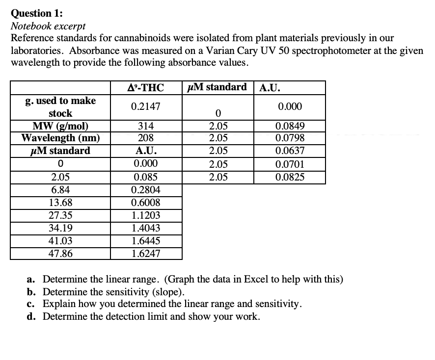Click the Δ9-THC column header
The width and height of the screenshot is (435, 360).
point(145,88)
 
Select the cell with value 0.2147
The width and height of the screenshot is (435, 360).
point(145,106)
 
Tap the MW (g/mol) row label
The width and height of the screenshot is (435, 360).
point(60,125)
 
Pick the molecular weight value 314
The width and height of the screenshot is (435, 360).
point(145,126)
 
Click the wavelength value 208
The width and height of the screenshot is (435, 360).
point(145,138)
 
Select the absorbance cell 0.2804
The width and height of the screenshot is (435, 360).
point(145,189)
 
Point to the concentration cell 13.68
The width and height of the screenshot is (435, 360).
point(60,202)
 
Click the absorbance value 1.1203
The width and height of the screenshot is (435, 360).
point(145,215)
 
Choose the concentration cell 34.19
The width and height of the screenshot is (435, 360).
point(60,228)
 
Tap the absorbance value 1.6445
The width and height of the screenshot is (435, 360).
point(145,240)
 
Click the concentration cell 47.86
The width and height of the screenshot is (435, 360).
point(60,253)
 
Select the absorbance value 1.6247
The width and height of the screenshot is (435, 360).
point(145,253)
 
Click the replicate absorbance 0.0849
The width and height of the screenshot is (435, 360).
point(290,126)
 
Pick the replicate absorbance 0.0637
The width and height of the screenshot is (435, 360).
point(290,151)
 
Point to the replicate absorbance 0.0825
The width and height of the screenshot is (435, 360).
point(290,177)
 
